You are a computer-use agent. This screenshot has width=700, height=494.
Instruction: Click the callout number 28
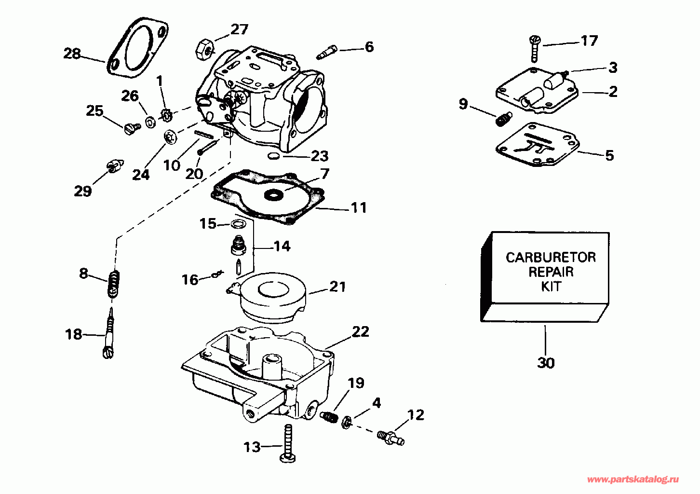point(72,53)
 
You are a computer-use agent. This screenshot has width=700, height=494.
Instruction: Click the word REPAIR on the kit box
point(551,272)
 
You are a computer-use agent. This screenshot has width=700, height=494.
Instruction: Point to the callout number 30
point(546,362)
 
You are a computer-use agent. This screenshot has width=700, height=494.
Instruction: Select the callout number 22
point(360,332)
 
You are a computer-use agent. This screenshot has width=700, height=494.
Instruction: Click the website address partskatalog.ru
point(633,479)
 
